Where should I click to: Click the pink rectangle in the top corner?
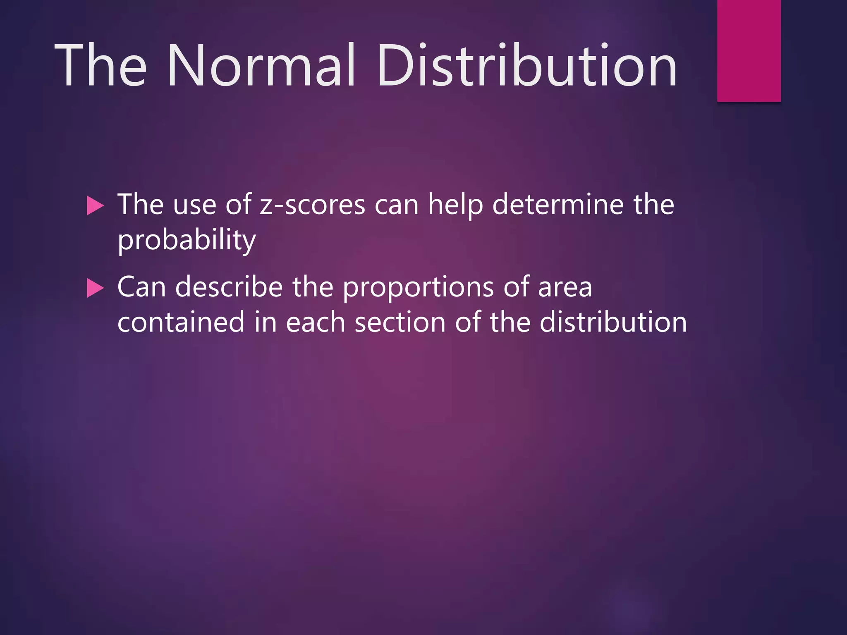point(749,50)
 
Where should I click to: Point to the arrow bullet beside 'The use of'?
point(95,206)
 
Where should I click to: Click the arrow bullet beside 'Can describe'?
point(95,288)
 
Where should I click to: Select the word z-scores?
point(312,205)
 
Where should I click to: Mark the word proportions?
point(418,288)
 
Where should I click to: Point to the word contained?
point(181,322)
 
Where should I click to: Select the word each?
point(316,322)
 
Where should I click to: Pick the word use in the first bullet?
point(194,205)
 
